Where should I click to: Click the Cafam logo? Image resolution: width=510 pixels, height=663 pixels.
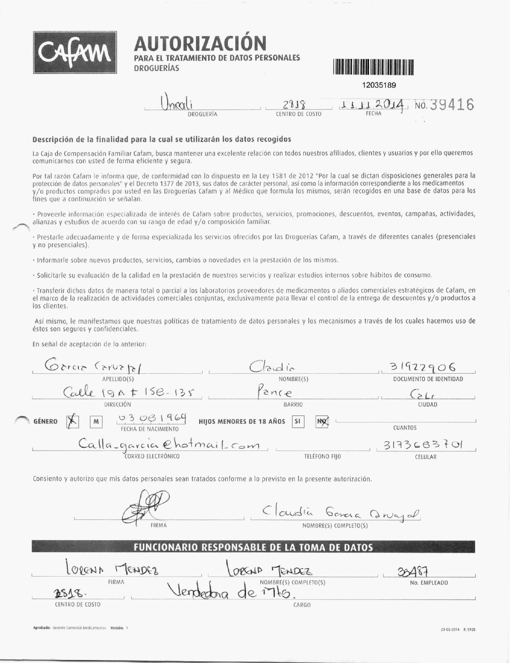click(75, 52)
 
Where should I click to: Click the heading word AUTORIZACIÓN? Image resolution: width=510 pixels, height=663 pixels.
click(200, 43)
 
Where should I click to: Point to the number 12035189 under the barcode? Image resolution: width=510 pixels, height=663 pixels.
click(379, 85)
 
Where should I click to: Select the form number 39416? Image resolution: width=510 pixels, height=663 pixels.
click(452, 105)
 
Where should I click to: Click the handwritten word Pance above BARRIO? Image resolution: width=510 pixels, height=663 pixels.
click(275, 393)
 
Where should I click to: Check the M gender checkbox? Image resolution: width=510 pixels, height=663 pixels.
click(96, 422)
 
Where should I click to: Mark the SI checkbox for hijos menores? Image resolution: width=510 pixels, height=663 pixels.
click(298, 422)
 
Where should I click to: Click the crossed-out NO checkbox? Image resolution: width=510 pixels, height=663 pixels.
click(322, 422)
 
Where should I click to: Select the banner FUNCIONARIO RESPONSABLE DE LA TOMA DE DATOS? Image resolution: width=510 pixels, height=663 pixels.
click(253, 547)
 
